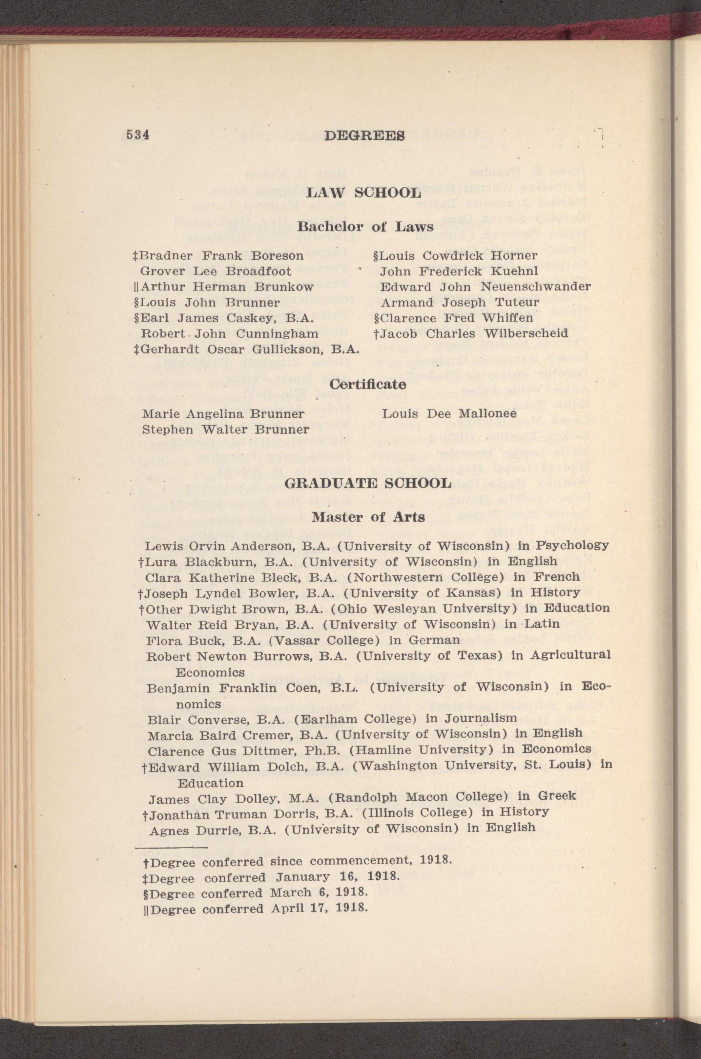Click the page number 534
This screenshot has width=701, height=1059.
tap(138, 135)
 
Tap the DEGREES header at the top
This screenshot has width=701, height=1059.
tap(364, 135)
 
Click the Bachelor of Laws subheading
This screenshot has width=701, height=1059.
tap(365, 227)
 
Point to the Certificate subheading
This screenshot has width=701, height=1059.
tap(367, 384)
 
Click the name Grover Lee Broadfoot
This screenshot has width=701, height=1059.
tap(216, 271)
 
